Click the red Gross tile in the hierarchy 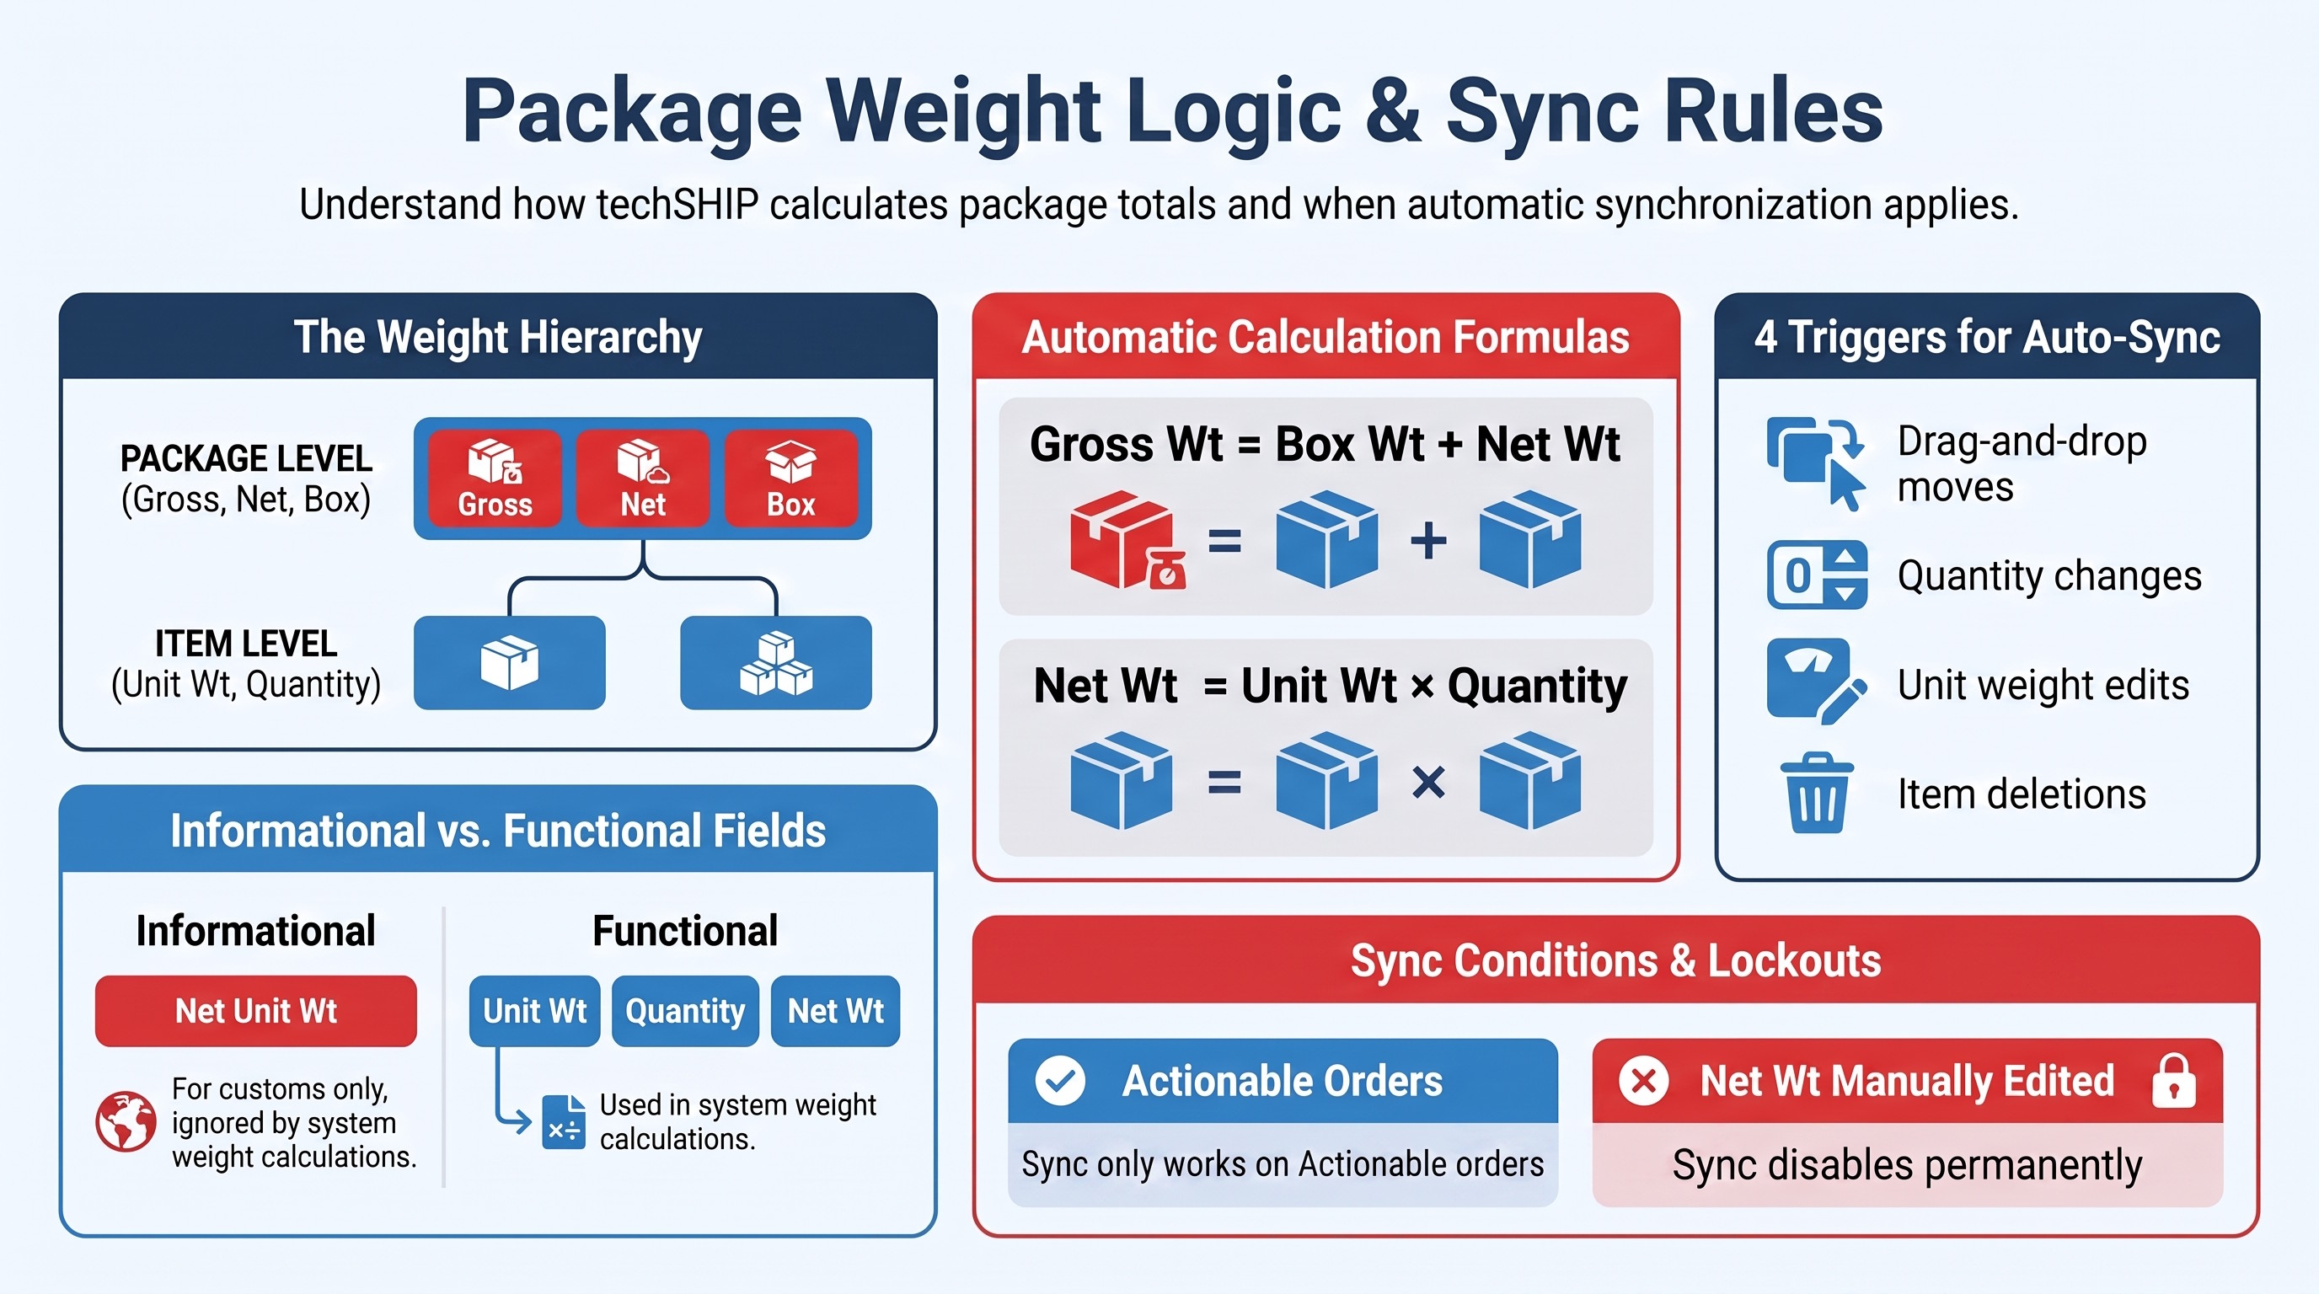495,478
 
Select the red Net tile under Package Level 643,478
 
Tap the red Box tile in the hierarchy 791,478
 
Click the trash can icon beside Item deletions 1817,793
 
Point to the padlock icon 2174,1080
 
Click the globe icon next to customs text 126,1121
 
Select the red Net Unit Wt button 255,1011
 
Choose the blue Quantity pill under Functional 685,1011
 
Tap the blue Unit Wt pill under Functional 535,1011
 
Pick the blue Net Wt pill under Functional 835,1011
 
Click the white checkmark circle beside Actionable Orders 1060,1080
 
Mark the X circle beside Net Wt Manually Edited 1644,1080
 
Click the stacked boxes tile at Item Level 776,662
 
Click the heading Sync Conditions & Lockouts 1616,960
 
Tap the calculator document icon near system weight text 564,1121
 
